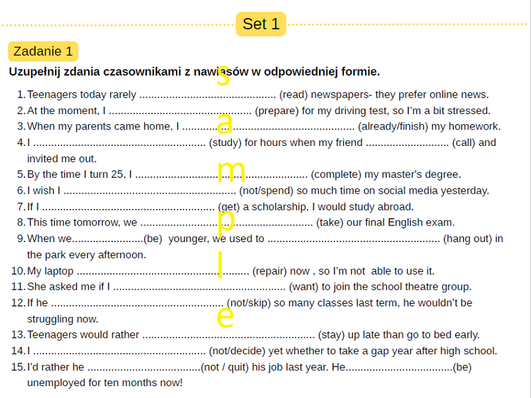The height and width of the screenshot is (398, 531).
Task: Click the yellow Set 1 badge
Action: [x=261, y=24]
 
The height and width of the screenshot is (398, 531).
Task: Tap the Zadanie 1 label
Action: [x=43, y=52]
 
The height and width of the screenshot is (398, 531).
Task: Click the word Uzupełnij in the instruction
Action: [x=37, y=72]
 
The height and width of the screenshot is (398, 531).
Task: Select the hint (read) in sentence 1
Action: [x=293, y=95]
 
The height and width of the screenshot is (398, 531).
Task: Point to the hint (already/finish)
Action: [x=394, y=127]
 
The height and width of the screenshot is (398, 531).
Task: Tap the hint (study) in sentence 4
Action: [x=225, y=143]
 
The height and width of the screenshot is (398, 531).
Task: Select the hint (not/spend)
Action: [x=267, y=190]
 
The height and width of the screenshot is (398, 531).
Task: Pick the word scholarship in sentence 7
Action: [x=276, y=206]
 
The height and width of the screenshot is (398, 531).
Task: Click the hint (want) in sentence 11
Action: [x=304, y=287]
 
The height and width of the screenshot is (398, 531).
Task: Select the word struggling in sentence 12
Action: [x=52, y=319]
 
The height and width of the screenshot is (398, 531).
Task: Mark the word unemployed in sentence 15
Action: [x=59, y=383]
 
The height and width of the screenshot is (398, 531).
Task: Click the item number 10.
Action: [x=18, y=271]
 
